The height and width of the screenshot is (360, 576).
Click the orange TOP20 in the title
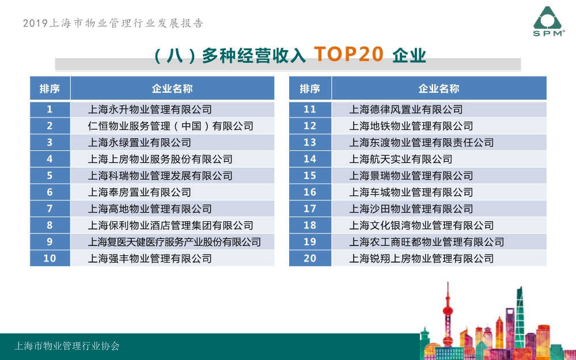pyautogui.click(x=348, y=54)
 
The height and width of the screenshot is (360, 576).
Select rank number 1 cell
pyautogui.click(x=50, y=109)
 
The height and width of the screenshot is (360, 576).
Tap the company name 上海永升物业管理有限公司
pyautogui.click(x=150, y=109)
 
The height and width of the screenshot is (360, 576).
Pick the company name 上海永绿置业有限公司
pyautogui.click(x=139, y=142)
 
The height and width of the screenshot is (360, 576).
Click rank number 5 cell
pyautogui.click(x=50, y=176)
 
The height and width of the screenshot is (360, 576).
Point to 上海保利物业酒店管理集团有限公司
pyautogui.click(x=170, y=225)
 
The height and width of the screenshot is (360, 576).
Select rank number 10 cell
pyautogui.click(x=50, y=258)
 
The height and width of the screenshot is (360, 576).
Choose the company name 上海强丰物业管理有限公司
pyautogui.click(x=150, y=258)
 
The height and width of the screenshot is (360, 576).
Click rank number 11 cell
pyautogui.click(x=310, y=109)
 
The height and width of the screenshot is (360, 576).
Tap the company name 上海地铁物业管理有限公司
pyautogui.click(x=411, y=126)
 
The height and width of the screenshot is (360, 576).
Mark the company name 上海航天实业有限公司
pyautogui.click(x=401, y=159)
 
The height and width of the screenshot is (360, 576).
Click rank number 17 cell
pyautogui.click(x=310, y=209)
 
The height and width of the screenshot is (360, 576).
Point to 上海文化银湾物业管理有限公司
pyautogui.click(x=422, y=225)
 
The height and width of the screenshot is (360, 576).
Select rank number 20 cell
pyautogui.click(x=310, y=258)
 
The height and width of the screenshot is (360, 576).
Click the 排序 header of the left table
pyautogui.click(x=50, y=89)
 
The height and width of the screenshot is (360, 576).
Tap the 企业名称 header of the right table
pyautogui.click(x=439, y=89)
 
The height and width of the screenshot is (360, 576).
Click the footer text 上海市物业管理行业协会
pyautogui.click(x=67, y=346)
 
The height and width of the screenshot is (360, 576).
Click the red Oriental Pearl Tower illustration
pyautogui.click(x=448, y=316)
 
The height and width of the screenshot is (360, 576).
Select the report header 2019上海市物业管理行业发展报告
pyautogui.click(x=113, y=23)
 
